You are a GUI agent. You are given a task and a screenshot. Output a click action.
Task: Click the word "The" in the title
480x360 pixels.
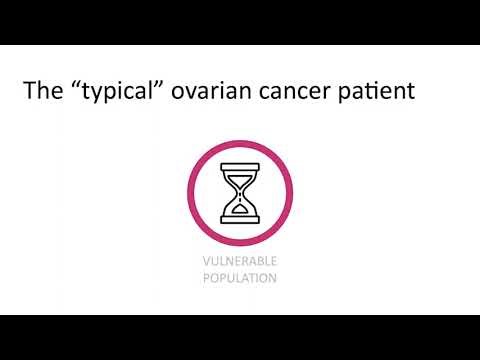point(43,93)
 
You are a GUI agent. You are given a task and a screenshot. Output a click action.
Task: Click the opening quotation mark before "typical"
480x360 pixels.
point(75,86)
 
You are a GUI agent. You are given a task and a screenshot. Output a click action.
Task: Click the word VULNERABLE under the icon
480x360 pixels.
point(239,261)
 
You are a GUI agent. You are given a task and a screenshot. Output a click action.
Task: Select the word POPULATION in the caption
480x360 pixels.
point(239,278)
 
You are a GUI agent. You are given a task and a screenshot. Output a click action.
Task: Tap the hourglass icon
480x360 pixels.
point(239,192)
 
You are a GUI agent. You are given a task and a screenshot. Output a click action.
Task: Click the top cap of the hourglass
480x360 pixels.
point(239,167)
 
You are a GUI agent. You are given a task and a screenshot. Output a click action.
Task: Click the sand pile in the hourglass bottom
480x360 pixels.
point(239,209)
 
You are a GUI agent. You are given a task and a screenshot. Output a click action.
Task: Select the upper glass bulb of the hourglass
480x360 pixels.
point(239,179)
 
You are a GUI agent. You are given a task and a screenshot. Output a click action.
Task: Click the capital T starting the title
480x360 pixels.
point(30,93)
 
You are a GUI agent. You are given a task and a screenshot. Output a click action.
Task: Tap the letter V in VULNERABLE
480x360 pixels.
point(204,261)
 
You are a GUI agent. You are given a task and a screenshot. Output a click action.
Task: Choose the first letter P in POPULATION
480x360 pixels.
point(205,278)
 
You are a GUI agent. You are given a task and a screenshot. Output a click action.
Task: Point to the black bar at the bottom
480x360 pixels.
point(240,337)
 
